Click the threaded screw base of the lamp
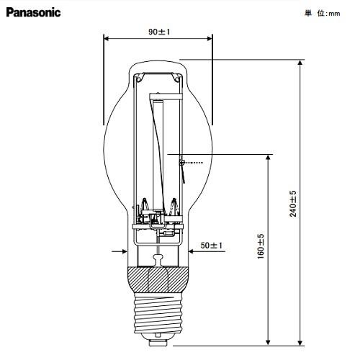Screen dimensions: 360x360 tap(158, 310)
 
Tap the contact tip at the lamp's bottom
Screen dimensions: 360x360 tap(158, 338)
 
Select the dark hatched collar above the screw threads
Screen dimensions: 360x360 tap(158, 277)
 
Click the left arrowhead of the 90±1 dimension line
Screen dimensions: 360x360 tap(107, 40)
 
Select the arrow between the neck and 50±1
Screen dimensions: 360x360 tap(192, 252)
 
